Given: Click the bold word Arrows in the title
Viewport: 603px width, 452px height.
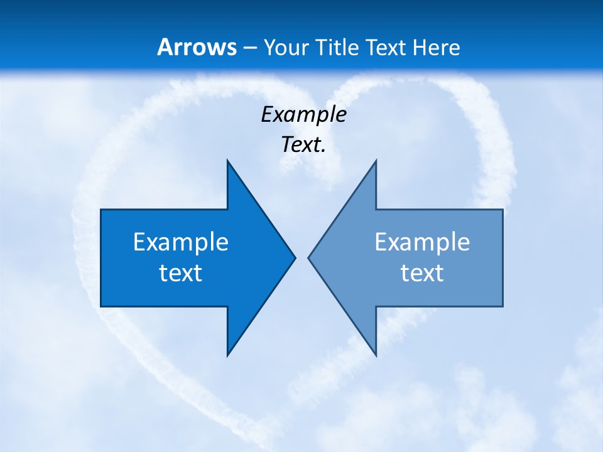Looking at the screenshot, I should point(197,48).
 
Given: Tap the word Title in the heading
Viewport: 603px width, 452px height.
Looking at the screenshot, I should point(337,48).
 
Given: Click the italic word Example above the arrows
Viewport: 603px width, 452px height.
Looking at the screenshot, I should point(304,114).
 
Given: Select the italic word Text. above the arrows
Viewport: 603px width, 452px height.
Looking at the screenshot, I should point(304,145).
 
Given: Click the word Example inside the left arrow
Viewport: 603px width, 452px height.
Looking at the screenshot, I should point(181,242).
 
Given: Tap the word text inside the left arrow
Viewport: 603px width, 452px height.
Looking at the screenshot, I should point(181,273).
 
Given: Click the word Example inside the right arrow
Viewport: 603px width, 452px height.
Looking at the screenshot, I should point(422,242).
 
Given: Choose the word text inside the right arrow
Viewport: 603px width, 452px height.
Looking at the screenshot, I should point(422,273).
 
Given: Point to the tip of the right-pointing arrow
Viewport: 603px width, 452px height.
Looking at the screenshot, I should point(295,257).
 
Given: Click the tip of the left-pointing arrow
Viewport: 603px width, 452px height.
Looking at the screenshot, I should point(308,257).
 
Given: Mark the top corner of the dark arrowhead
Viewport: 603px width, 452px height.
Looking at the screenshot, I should point(227,161).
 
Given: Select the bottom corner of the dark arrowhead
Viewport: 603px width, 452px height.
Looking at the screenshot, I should point(227,355).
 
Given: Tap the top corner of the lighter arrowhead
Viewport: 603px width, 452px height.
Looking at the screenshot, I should point(376,161).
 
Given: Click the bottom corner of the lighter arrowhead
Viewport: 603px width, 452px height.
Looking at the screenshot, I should point(376,355).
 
